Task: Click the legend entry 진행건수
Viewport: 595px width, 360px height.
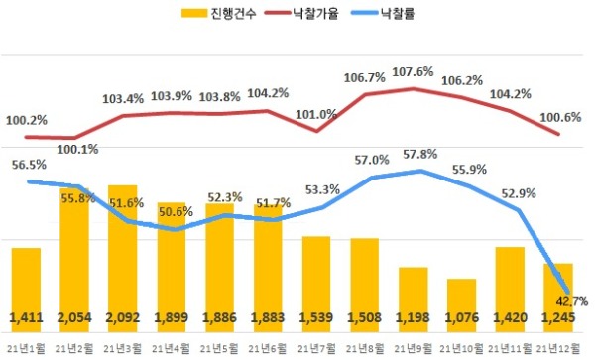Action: (218, 13)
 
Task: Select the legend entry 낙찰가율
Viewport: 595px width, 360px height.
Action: (301, 13)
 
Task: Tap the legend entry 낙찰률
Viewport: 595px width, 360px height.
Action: (383, 13)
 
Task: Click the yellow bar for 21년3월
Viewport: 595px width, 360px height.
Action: (123, 259)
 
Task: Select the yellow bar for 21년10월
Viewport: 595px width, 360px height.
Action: (461, 305)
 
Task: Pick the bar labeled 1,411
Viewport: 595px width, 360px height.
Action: (26, 291)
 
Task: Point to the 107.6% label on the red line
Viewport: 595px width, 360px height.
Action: (413, 71)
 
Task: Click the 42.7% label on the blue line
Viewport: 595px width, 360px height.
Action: (571, 301)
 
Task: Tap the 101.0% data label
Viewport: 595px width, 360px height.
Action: (316, 114)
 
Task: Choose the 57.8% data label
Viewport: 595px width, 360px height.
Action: (420, 155)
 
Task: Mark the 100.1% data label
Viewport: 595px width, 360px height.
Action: (77, 150)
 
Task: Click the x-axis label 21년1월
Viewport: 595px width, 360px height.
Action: (26, 347)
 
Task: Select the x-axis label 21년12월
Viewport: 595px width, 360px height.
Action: (558, 347)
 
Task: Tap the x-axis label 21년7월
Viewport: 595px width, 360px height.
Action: (316, 347)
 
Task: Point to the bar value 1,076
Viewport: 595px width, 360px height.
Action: (461, 317)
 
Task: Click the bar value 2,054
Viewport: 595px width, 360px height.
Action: (74, 317)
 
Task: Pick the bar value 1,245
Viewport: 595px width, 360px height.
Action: (558, 317)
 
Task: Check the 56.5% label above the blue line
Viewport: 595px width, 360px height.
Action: (29, 165)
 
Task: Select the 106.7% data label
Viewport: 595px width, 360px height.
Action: (364, 78)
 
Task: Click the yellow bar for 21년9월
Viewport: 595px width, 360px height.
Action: (414, 300)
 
